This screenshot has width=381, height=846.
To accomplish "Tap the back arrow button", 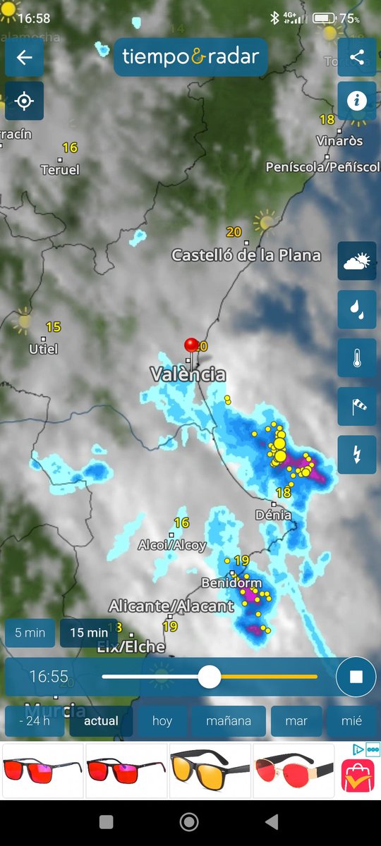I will [24, 57].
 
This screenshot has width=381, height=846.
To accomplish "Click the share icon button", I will [357, 57].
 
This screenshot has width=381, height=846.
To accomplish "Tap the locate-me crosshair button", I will [24, 101].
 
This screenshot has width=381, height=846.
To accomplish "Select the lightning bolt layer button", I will [357, 454].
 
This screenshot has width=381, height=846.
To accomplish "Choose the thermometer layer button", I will [357, 357].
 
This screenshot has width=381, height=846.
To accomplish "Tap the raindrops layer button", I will [357, 309].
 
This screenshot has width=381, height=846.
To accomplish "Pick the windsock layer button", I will [357, 405].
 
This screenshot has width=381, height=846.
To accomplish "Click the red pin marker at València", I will [191, 345].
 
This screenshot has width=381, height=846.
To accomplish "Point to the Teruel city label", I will [60, 170].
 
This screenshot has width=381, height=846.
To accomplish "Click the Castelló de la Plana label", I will [246, 255].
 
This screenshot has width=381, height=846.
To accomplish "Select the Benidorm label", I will [231, 583].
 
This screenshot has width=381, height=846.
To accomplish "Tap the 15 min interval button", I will [89, 632].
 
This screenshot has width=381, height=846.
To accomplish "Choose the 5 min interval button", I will [30, 632].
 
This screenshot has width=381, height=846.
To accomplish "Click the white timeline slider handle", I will [209, 678].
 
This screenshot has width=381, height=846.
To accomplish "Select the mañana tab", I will [226, 721].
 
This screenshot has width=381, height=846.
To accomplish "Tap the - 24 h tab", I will [34, 721].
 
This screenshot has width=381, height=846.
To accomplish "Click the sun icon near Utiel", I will [24, 321].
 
